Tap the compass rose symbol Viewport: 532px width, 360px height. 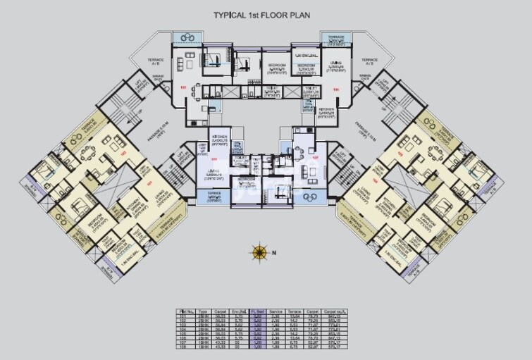coord(259,251)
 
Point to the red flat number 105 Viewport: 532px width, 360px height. coord(183,88)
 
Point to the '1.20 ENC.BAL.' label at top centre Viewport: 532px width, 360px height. coord(307,54)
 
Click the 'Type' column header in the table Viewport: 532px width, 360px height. coord(202,310)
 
